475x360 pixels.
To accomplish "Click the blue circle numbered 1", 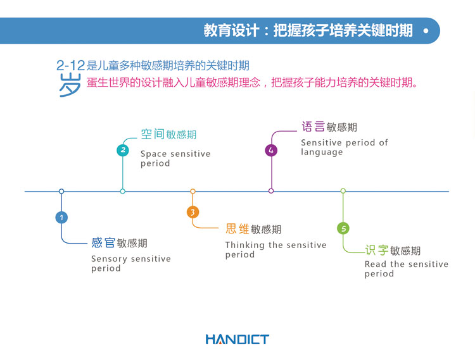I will (x=61, y=218).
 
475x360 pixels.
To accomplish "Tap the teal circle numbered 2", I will (x=123, y=150).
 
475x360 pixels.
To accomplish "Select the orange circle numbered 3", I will (x=193, y=212).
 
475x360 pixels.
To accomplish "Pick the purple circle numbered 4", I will (x=271, y=150).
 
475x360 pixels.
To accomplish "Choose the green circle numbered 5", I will (x=343, y=228).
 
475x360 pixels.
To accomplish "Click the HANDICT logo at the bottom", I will (x=237, y=340).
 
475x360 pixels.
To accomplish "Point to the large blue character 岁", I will (x=70, y=84).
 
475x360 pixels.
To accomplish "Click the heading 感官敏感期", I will (x=119, y=243).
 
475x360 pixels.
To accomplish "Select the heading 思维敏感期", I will (x=253, y=229).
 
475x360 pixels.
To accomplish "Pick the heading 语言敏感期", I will (x=329, y=127).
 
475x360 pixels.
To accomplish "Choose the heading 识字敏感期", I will (x=393, y=251).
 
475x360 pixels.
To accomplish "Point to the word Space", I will (x=153, y=154).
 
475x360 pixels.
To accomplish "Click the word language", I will (x=322, y=152).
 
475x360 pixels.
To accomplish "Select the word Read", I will (x=376, y=264).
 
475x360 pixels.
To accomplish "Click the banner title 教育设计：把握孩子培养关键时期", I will (x=308, y=30).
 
